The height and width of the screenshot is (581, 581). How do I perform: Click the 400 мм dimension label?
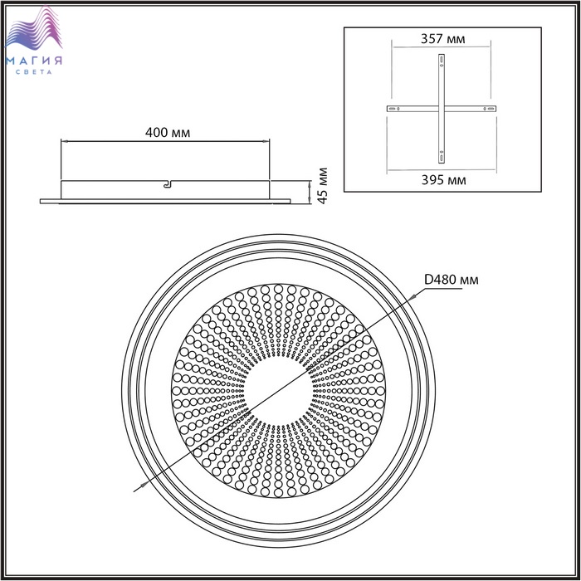[168, 132]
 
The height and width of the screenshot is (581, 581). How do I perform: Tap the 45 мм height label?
[323, 186]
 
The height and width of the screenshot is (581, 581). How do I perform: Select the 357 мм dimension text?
[442, 38]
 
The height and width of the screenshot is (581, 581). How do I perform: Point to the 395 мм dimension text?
[443, 180]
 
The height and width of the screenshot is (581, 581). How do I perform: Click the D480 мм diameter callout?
[451, 280]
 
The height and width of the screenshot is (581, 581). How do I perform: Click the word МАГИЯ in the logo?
[34, 61]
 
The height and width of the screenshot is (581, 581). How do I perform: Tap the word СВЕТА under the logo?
[34, 72]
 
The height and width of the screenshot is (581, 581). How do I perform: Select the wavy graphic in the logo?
[34, 29]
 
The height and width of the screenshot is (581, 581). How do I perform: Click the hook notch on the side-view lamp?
[168, 183]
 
